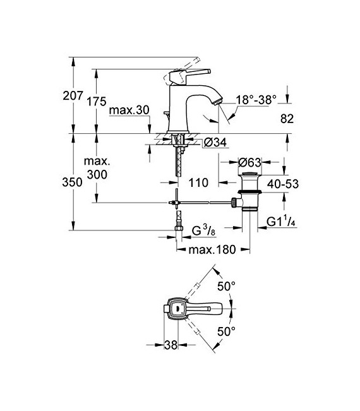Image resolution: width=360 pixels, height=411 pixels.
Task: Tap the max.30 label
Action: coord(128,111)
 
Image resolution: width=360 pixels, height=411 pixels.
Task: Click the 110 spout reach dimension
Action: coord(198,184)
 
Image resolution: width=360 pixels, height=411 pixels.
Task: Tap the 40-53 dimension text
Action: coord(283,184)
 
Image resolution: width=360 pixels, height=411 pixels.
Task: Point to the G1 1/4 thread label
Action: coord(282,222)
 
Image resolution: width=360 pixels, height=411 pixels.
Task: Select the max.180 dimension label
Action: coord(212,249)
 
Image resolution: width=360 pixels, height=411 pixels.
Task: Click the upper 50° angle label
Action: coord(227,287)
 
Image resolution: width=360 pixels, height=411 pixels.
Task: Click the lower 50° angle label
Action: coord(227,331)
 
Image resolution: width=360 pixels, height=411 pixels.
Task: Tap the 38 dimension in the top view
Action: coord(170,345)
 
